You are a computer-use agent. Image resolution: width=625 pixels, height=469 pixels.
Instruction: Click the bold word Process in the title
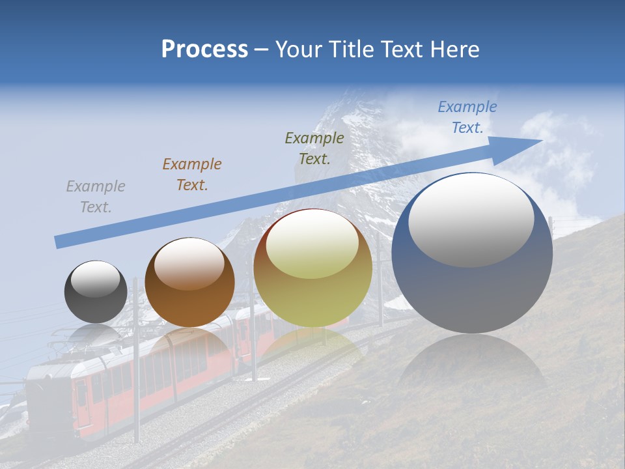coord(204,50)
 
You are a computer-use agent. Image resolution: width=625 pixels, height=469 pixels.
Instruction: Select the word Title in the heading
coord(351,50)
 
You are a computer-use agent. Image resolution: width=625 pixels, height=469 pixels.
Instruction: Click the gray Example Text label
coord(96,197)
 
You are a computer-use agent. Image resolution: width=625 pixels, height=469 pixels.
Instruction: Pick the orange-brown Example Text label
coord(192,175)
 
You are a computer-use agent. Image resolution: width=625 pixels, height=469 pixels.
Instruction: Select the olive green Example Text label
coord(314,148)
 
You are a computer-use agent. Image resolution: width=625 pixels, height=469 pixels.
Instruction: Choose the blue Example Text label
coord(467,117)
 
